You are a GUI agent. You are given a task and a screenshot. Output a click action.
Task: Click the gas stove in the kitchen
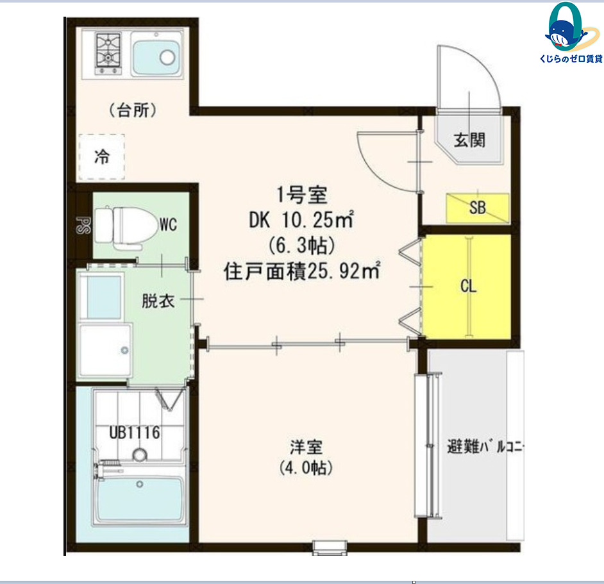(108, 54)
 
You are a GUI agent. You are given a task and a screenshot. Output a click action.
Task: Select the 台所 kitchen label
(133, 110)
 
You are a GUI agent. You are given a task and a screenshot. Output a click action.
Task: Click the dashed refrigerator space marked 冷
(102, 157)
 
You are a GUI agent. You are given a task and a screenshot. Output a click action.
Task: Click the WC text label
(169, 224)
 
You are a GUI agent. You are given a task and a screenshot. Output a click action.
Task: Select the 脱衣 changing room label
(158, 301)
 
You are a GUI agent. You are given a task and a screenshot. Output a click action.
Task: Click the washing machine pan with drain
(105, 350)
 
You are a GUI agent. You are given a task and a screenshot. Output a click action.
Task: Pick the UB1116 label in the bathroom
(135, 433)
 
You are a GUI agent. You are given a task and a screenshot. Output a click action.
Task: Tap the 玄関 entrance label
(469, 140)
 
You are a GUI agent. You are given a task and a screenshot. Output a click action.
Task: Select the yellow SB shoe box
(478, 208)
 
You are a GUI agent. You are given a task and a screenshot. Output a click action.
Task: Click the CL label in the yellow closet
(469, 286)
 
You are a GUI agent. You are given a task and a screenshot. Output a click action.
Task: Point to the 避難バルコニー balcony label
(485, 447)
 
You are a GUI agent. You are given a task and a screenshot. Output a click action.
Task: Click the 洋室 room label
(306, 447)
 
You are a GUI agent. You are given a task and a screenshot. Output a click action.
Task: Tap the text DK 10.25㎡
(301, 220)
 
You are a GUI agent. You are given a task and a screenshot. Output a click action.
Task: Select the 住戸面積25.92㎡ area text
(302, 271)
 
